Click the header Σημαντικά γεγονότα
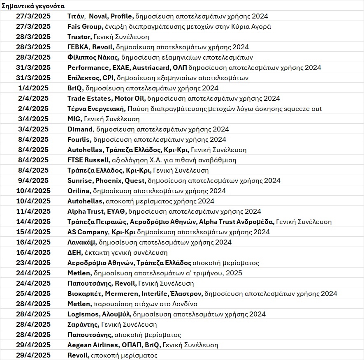tap(32, 6)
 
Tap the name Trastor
tap(78, 37)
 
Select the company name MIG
tap(74, 119)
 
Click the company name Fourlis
tap(78, 139)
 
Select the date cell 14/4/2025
tap(33, 222)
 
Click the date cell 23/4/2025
tap(33, 263)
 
